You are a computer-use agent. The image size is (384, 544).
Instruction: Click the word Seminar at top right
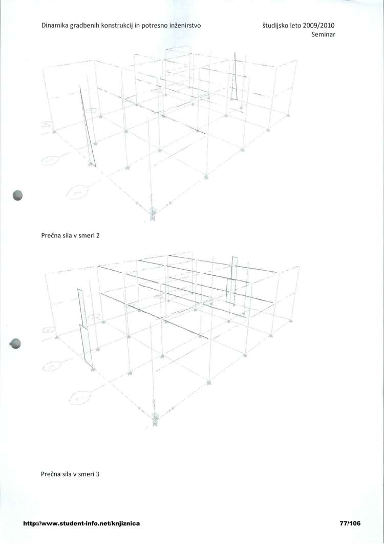pos(324,34)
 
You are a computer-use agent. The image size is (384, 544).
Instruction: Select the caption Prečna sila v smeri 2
pos(71,235)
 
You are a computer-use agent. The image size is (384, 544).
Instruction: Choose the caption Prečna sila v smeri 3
pos(70,474)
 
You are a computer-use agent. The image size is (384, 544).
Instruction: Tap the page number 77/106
pos(350,523)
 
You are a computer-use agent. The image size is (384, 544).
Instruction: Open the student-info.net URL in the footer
pos(81,523)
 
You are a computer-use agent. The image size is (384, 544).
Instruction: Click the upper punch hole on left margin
pos(18,196)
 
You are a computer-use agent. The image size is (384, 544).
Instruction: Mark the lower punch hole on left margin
pos(16,344)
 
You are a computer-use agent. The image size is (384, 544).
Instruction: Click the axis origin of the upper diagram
pos(152,210)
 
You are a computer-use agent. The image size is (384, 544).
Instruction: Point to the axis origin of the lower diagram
pos(155,416)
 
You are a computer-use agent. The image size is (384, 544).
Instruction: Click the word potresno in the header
pos(152,26)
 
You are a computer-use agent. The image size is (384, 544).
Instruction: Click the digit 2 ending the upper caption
pos(98,235)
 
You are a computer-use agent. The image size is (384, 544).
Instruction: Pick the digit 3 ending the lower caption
pos(98,474)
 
